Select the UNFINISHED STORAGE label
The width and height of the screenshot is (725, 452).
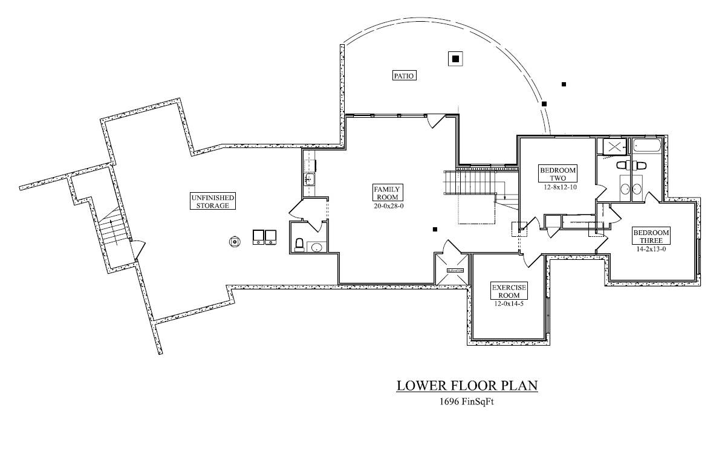(213, 201)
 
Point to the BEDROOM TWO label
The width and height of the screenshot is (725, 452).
(558, 174)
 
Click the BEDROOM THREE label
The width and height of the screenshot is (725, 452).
(651, 236)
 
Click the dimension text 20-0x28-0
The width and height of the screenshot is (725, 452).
(387, 206)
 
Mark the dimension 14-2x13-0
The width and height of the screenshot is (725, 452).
(651, 249)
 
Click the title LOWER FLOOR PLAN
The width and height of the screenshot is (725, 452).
(467, 386)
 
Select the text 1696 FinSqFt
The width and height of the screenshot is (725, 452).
(467, 401)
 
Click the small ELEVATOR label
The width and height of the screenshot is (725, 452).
(455, 270)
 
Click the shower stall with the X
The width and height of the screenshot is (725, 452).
(614, 146)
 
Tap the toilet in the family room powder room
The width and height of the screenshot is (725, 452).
(299, 244)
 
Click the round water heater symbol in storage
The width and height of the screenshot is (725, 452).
(234, 242)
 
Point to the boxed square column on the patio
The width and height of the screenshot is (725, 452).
(455, 59)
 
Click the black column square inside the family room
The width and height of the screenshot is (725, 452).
(435, 229)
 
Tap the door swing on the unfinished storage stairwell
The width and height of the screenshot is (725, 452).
(138, 248)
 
